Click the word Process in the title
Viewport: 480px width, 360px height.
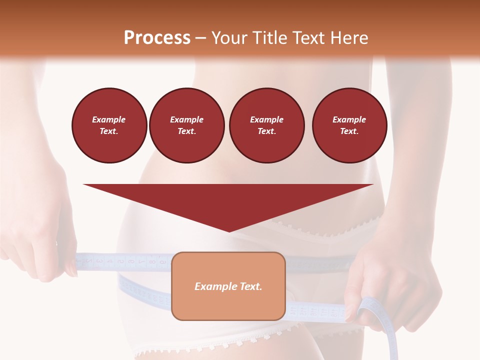pos(157,37)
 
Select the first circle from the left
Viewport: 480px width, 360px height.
pos(109,125)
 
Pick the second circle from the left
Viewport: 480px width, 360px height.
pos(186,125)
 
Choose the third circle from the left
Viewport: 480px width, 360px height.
pos(266,125)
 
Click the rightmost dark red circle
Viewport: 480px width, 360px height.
pos(349,125)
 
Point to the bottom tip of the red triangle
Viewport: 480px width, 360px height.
pos(229,231)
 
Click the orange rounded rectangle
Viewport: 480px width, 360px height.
pos(228,305)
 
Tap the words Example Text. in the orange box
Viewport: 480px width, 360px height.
pos(228,286)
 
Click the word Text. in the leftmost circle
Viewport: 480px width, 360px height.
pos(109,131)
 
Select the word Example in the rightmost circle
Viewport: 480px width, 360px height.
pos(349,119)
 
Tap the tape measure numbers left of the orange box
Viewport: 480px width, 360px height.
pos(125,261)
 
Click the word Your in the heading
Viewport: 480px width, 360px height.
pos(231,37)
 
